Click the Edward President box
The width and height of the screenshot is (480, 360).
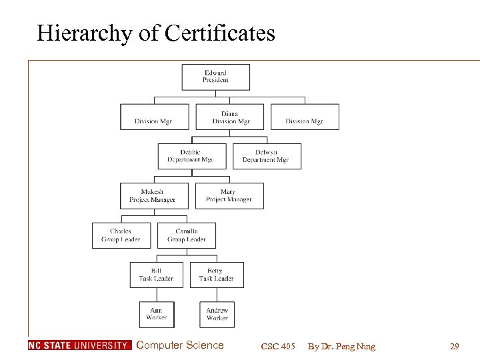pyautogui.click(x=215, y=77)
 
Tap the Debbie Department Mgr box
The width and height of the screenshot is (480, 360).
pyautogui.click(x=191, y=156)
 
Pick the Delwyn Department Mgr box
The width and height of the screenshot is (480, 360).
pyautogui.click(x=266, y=156)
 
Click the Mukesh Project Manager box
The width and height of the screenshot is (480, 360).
pyautogui.click(x=153, y=196)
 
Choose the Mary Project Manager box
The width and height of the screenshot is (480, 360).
pyautogui.click(x=229, y=196)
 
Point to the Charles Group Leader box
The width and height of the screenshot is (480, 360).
pyautogui.click(x=121, y=235)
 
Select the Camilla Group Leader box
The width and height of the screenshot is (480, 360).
pyautogui.click(x=187, y=235)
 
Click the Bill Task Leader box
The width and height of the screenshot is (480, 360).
pyautogui.click(x=157, y=275)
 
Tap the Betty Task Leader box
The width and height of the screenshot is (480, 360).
pyautogui.click(x=216, y=275)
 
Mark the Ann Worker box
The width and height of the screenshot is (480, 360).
pyautogui.click(x=157, y=314)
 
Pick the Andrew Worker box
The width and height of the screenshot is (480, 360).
pyautogui.click(x=217, y=314)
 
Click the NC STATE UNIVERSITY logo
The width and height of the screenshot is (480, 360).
pyautogui.click(x=79, y=345)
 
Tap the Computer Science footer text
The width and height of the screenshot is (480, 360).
pyautogui.click(x=179, y=345)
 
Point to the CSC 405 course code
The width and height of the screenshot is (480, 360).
pyautogui.click(x=278, y=346)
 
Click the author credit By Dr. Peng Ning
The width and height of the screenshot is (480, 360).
pyautogui.click(x=341, y=346)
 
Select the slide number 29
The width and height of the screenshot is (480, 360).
pyautogui.click(x=455, y=346)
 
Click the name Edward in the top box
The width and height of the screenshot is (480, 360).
pyautogui.click(x=215, y=73)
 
